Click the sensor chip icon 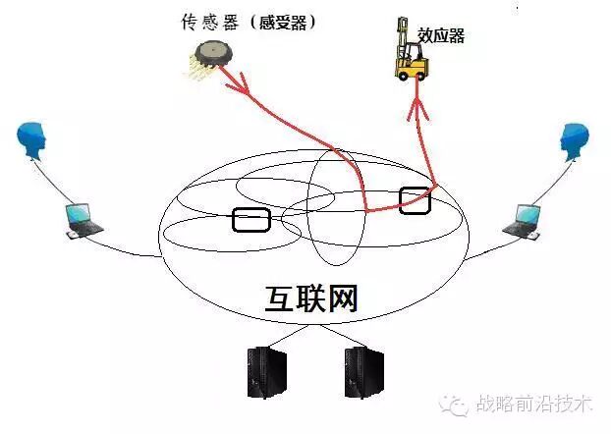[x=212, y=56]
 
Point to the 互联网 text [x=311, y=298]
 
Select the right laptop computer [x=522, y=220]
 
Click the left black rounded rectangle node [x=250, y=220]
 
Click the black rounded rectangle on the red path [x=415, y=199]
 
